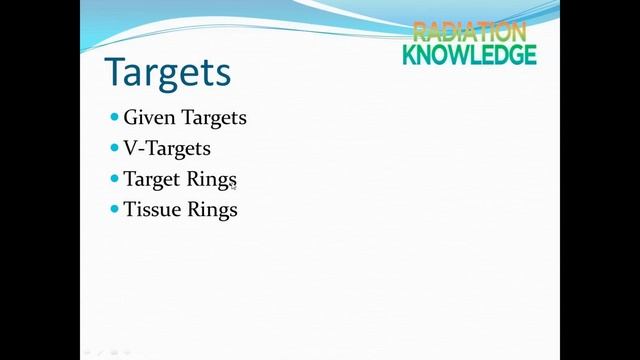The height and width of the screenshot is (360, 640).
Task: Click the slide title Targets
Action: coord(168,73)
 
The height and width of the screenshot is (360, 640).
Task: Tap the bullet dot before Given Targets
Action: coord(114,117)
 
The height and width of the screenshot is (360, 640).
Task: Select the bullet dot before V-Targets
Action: coord(114,148)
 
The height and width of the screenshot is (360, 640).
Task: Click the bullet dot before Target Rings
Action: coord(114,179)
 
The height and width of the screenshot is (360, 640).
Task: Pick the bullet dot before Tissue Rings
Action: coord(114,209)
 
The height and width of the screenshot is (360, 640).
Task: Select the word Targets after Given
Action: coord(213,118)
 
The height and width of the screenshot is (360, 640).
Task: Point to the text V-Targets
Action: coord(167,149)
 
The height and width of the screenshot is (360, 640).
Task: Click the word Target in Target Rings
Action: coord(152,180)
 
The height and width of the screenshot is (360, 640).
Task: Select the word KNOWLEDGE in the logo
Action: coord(469,54)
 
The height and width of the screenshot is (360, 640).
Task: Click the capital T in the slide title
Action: coord(117,73)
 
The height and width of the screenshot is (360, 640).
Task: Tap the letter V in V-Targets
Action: coord(131,149)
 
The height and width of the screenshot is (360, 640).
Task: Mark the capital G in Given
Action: coord(131,118)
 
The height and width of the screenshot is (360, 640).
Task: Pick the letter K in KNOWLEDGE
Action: coord(410,54)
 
